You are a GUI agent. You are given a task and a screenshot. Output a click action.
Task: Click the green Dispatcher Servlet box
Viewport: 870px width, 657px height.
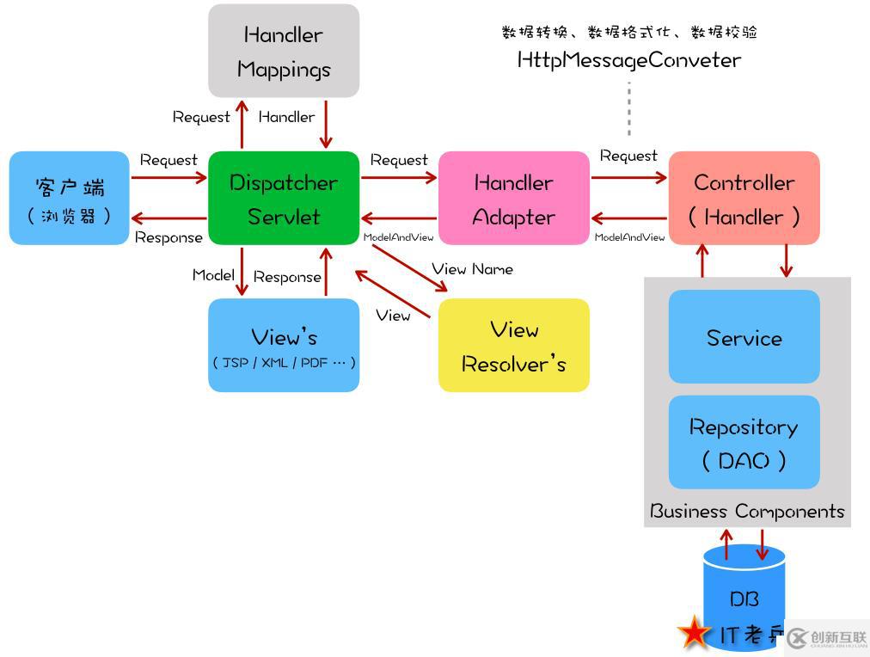pyautogui.click(x=284, y=199)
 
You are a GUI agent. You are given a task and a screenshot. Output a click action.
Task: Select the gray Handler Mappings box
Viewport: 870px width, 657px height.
pyautogui.click(x=284, y=51)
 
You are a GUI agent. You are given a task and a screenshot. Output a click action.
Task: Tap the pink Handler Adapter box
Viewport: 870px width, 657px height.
pyautogui.click(x=513, y=199)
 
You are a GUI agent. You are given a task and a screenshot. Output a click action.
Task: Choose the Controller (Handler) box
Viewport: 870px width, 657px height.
pyautogui.click(x=744, y=199)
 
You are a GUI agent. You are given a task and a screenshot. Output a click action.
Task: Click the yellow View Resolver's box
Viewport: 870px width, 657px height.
pyautogui.click(x=513, y=346)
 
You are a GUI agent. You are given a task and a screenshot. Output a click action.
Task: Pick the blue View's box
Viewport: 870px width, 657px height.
pyautogui.click(x=284, y=346)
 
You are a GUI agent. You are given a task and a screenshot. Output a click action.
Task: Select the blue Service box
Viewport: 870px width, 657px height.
pyautogui.click(x=744, y=336)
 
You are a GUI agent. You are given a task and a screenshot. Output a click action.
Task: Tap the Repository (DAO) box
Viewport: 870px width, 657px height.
pyautogui.click(x=744, y=442)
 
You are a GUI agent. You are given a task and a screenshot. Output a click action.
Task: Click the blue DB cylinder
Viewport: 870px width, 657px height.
pyautogui.click(x=744, y=593)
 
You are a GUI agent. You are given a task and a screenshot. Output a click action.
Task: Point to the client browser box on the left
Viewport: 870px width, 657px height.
pyautogui.click(x=69, y=199)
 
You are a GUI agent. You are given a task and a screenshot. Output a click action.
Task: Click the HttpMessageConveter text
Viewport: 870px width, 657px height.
pyautogui.click(x=628, y=60)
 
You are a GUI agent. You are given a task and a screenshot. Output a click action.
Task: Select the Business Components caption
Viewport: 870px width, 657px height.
pyautogui.click(x=747, y=512)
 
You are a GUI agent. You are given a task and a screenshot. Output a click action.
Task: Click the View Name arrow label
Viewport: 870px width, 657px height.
pyautogui.click(x=472, y=269)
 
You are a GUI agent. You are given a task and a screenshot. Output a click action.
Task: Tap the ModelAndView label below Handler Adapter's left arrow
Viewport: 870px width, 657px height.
pyautogui.click(x=398, y=237)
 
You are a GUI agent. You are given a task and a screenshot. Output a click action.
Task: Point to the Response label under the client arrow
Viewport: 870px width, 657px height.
pyautogui.click(x=168, y=237)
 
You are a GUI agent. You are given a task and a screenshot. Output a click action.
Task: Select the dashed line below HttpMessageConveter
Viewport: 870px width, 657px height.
pyautogui.click(x=629, y=108)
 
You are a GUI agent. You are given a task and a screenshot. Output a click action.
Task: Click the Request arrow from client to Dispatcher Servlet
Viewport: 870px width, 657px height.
pyautogui.click(x=168, y=178)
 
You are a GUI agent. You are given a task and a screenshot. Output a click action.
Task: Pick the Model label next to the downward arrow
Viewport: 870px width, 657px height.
pyautogui.click(x=213, y=275)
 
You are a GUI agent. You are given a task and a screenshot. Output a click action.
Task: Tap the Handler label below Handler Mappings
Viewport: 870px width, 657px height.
pyautogui.click(x=286, y=117)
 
